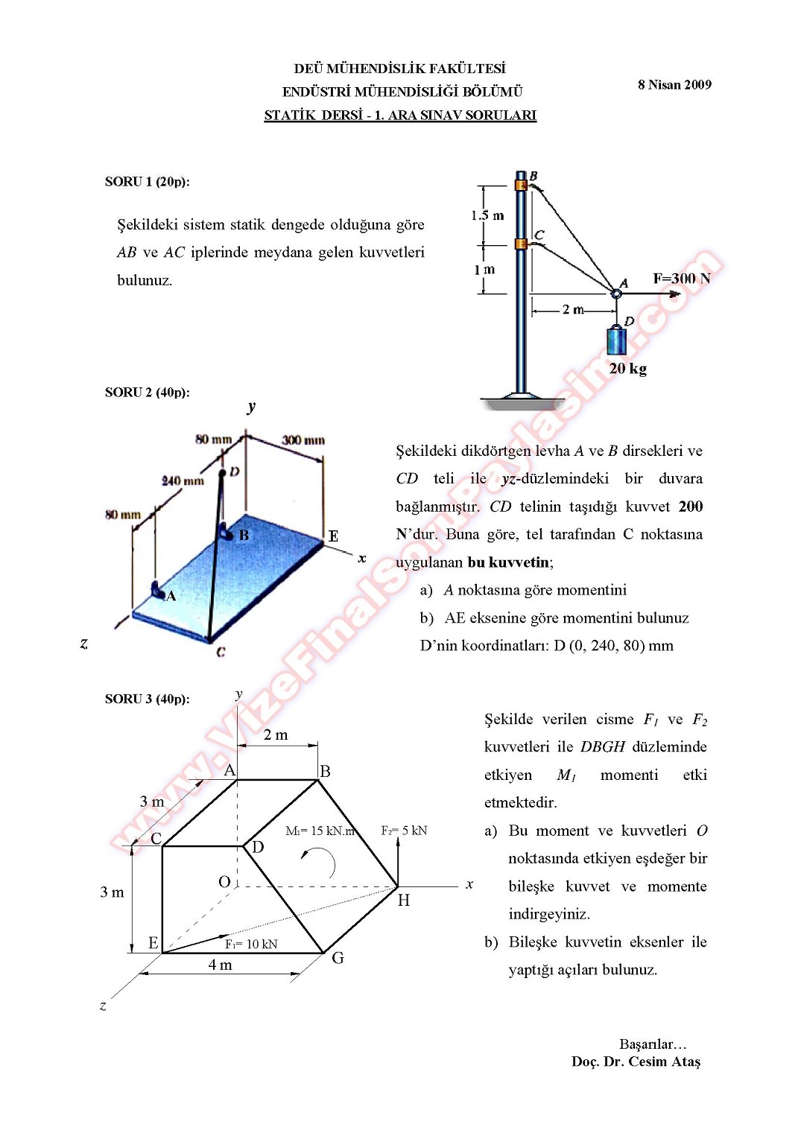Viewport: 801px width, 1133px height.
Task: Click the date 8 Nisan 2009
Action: click(674, 85)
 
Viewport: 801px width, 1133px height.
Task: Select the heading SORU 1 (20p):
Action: click(147, 182)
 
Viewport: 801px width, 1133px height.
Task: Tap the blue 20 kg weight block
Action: click(616, 341)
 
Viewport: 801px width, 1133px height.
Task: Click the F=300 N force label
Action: click(681, 279)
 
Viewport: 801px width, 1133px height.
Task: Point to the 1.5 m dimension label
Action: click(487, 216)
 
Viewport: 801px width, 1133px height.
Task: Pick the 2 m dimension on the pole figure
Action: click(572, 309)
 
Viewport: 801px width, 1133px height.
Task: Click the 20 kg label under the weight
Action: click(627, 369)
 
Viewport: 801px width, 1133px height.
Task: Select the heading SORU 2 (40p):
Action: click(147, 393)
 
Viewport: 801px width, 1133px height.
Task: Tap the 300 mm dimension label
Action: click(303, 440)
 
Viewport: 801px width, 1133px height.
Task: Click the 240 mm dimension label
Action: click(183, 481)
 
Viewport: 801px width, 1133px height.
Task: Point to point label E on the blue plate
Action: click(333, 536)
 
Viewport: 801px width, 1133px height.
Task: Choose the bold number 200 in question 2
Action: click(690, 507)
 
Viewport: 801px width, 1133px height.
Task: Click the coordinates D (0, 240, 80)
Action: click(613, 646)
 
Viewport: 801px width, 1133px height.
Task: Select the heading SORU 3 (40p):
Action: click(147, 699)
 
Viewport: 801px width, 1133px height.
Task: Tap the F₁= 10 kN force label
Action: click(251, 945)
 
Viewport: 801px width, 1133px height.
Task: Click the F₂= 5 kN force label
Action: click(404, 831)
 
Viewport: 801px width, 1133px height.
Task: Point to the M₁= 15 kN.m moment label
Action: click(320, 831)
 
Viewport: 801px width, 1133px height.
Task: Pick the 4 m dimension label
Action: click(220, 965)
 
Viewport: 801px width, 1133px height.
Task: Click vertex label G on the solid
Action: click(338, 958)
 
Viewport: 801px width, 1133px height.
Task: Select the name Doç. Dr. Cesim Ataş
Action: click(636, 1062)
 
